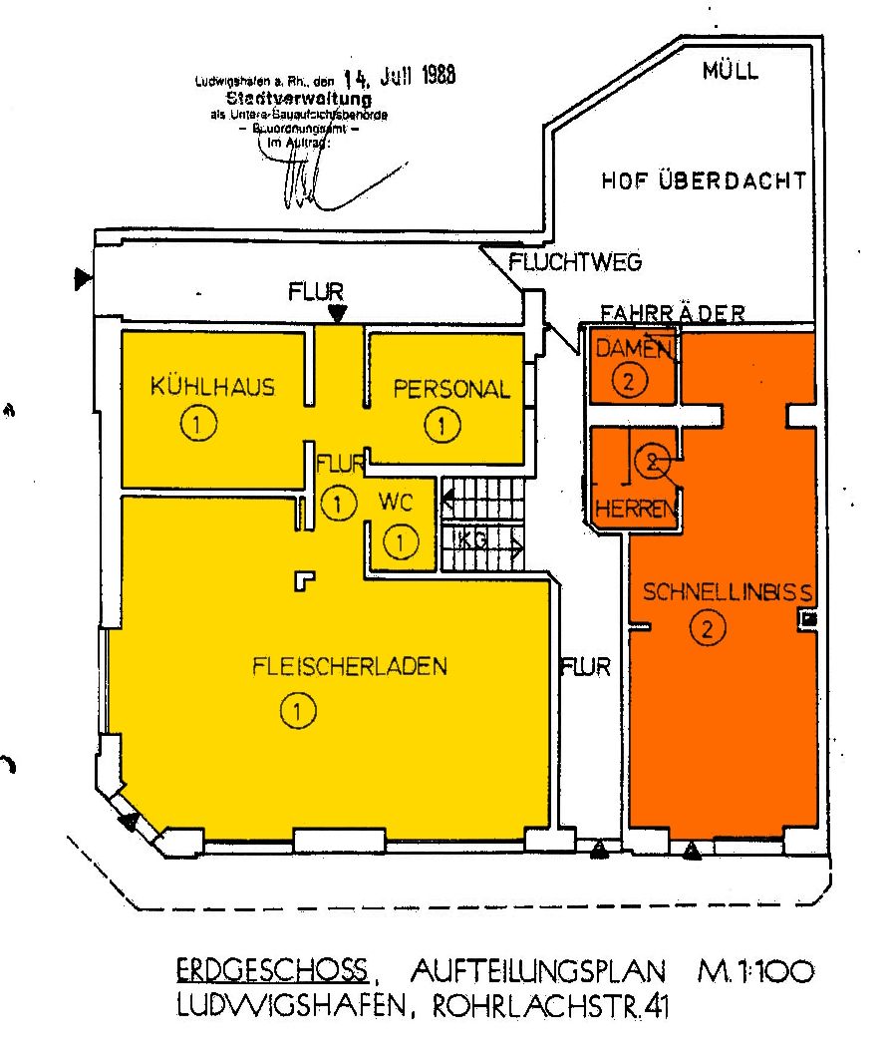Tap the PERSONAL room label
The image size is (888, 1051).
(451, 389)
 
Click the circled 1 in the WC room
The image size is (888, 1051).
(400, 543)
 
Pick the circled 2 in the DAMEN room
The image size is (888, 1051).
(630, 380)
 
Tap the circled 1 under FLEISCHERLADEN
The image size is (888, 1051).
(298, 710)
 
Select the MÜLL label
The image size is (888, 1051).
(731, 71)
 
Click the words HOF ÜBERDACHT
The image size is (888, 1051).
(704, 181)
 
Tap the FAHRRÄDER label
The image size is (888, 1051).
(673, 313)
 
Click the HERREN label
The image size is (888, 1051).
(637, 510)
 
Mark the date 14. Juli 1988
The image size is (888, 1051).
(399, 78)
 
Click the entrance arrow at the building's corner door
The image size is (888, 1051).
(128, 821)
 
